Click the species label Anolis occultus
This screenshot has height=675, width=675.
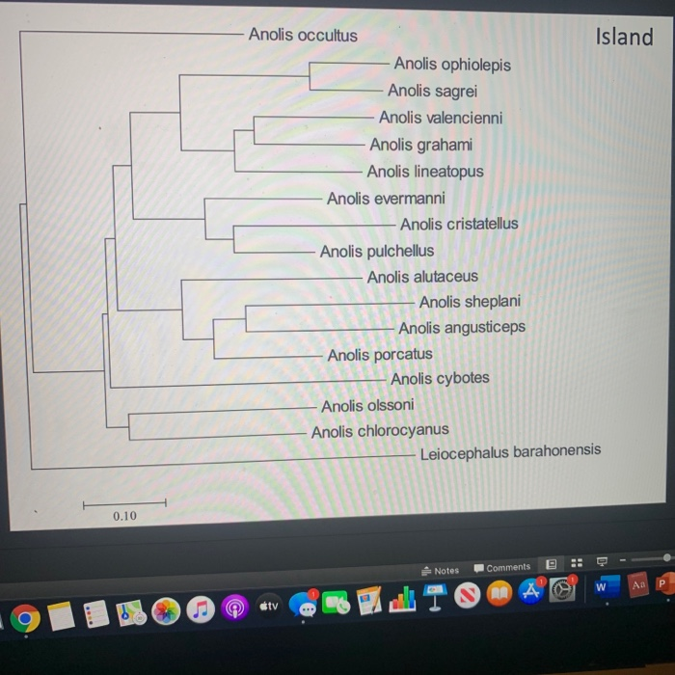tap(302, 36)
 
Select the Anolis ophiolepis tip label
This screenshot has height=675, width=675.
tap(452, 65)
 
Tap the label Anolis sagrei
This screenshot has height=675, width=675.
tap(431, 92)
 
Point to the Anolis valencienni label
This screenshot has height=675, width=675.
tap(440, 118)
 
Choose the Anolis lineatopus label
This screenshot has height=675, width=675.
tap(424, 172)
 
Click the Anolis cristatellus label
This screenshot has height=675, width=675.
tap(458, 224)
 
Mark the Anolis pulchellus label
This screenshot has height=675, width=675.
tap(376, 251)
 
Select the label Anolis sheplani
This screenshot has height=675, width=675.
tap(469, 302)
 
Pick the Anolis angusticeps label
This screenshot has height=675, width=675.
tap(461, 328)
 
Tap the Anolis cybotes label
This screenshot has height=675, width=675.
tap(439, 378)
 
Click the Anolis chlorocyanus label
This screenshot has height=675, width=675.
tap(379, 431)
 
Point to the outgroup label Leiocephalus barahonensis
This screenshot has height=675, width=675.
tap(509, 451)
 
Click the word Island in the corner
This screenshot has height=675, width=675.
tap(624, 37)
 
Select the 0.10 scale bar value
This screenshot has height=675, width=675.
tap(124, 517)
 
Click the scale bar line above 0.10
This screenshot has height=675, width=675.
tap(124, 502)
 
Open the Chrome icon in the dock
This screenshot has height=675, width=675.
tap(26, 617)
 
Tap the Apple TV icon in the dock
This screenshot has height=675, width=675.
tap(268, 607)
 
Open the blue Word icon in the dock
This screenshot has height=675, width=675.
tap(602, 586)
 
